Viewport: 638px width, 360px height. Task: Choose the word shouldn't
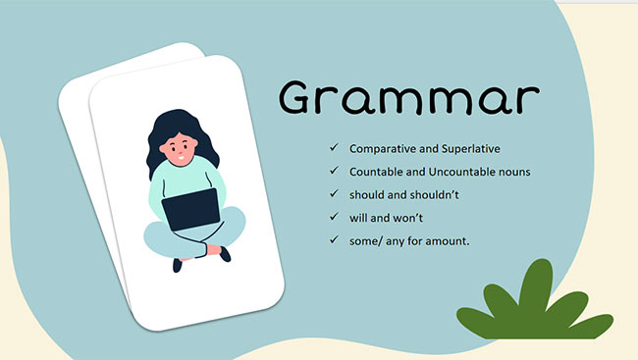(x=437, y=195)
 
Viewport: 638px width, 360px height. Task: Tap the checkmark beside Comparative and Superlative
(x=335, y=148)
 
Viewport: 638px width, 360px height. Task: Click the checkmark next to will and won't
(x=335, y=218)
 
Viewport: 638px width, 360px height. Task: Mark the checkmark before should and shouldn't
(x=335, y=195)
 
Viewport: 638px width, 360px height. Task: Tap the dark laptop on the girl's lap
(x=188, y=208)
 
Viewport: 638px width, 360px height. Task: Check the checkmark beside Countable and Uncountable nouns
(x=335, y=172)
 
